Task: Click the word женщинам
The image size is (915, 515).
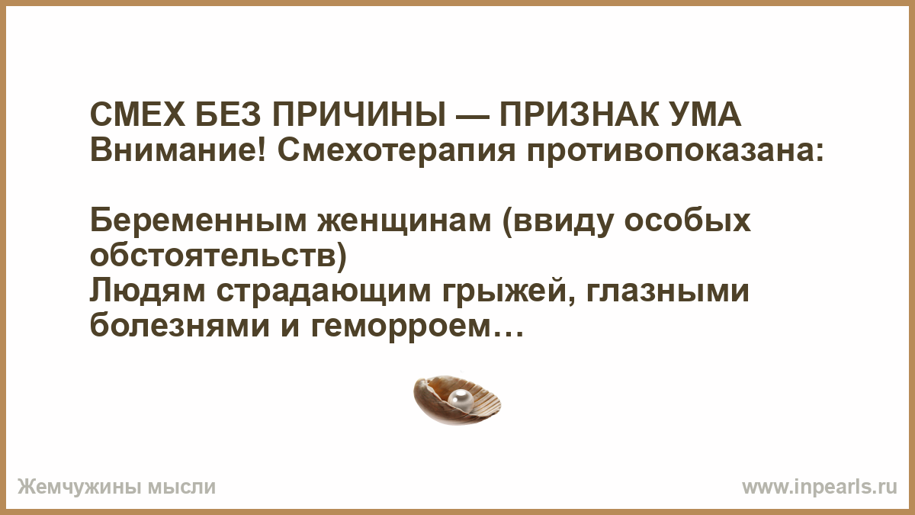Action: tap(405, 224)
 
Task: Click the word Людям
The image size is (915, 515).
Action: tap(147, 291)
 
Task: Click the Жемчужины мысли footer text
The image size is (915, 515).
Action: tap(117, 488)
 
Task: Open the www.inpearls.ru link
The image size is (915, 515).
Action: tap(820, 488)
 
